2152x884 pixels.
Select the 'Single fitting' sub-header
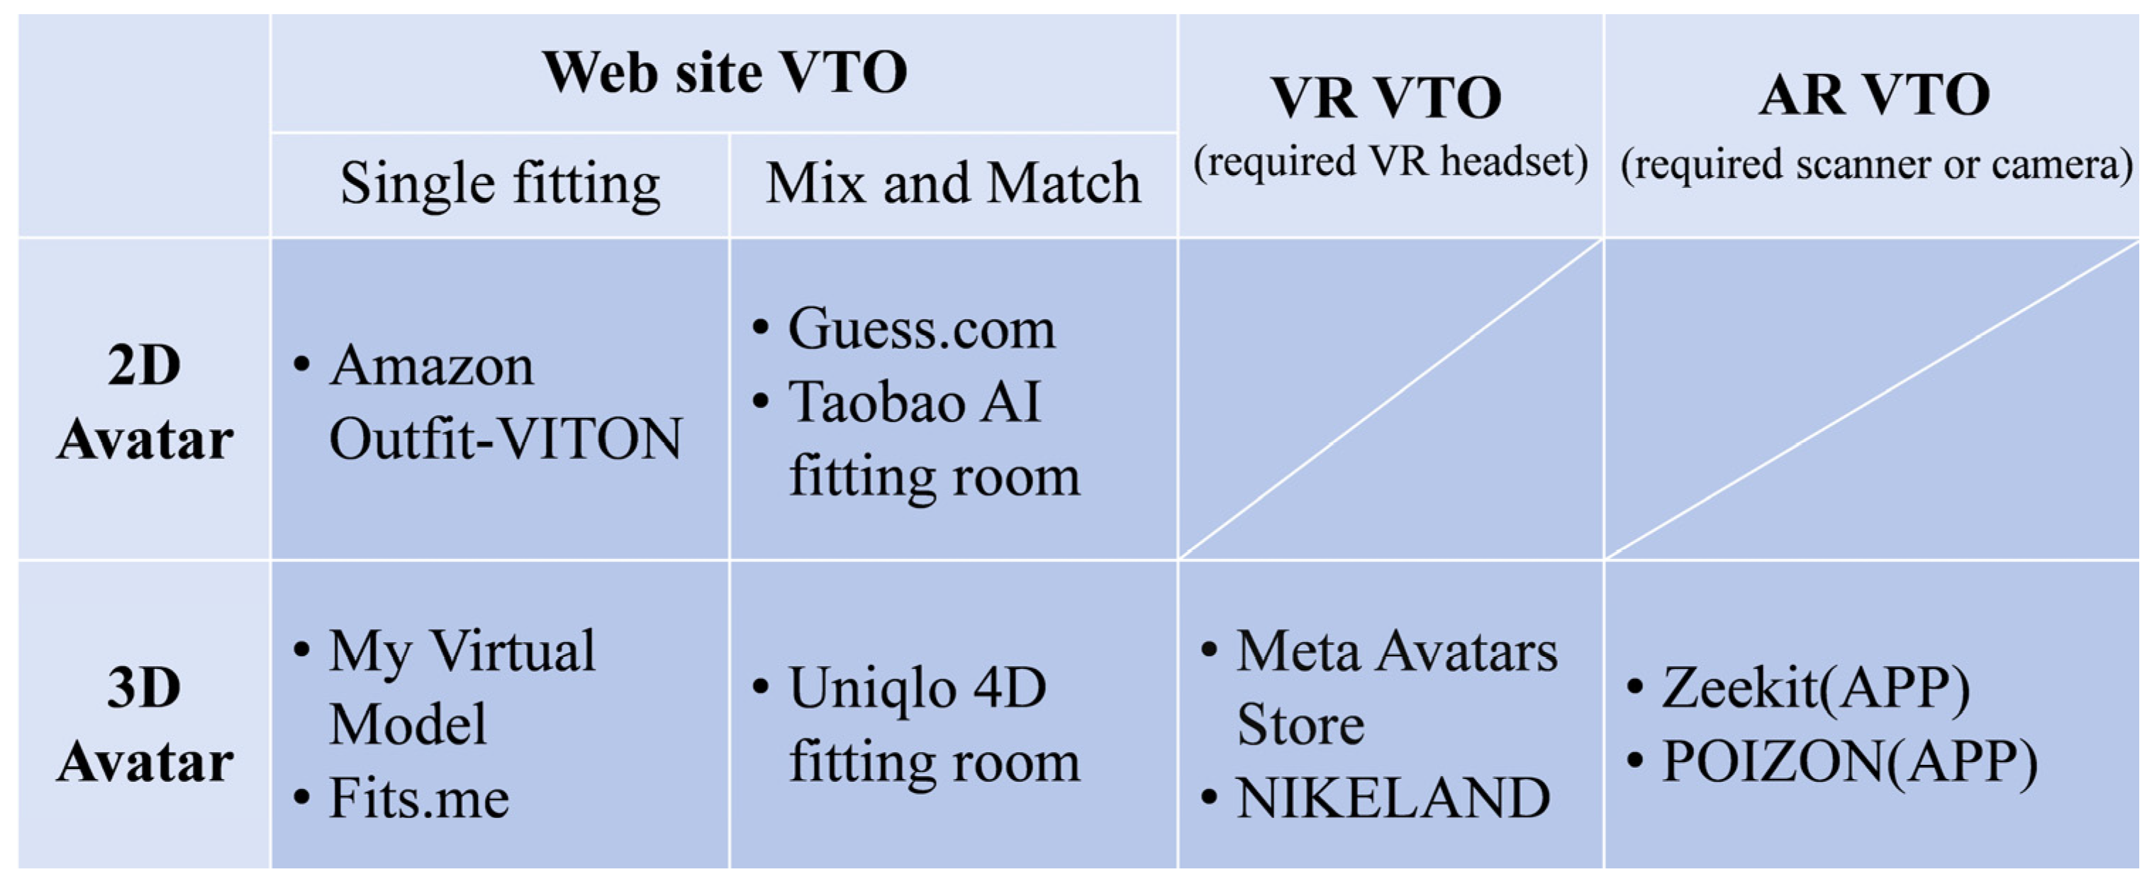point(500,184)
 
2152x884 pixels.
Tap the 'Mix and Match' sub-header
point(953,184)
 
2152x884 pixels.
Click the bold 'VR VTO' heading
point(1387,99)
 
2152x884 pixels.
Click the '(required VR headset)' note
point(1390,162)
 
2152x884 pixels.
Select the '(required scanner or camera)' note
point(1876,165)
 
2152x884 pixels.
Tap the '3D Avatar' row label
point(145,724)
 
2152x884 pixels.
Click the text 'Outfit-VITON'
point(506,439)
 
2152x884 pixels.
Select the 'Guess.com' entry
point(922,329)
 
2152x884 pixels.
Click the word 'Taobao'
point(878,403)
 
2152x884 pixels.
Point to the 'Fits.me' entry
point(418,798)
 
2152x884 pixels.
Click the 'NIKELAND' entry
point(1393,798)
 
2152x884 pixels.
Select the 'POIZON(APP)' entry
point(1849,762)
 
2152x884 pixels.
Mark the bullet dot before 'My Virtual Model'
point(303,651)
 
